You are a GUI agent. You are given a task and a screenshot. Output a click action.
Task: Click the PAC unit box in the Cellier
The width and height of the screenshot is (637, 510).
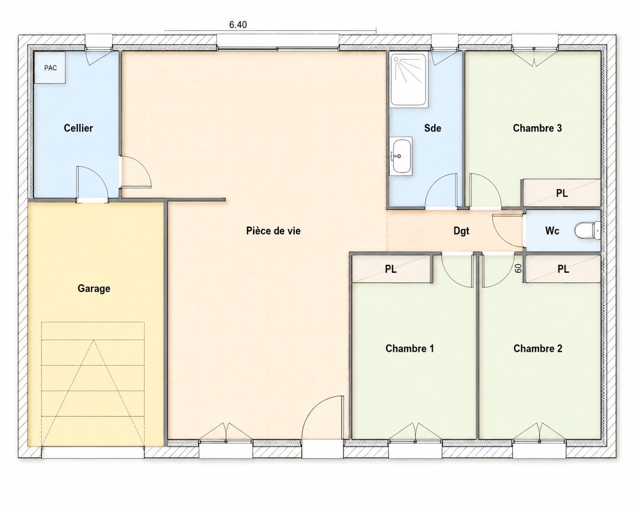pyautogui.click(x=50, y=68)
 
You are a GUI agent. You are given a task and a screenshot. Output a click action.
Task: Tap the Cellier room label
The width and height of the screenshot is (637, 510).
pyautogui.click(x=79, y=128)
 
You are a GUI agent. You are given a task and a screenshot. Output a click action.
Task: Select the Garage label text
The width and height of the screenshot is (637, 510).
pyautogui.click(x=94, y=289)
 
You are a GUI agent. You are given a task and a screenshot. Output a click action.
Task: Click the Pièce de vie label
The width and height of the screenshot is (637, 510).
pyautogui.click(x=273, y=231)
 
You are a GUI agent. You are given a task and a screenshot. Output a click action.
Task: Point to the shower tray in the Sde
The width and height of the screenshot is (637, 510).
pyautogui.click(x=409, y=80)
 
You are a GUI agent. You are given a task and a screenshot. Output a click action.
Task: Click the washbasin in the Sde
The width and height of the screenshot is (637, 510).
pyautogui.click(x=401, y=156)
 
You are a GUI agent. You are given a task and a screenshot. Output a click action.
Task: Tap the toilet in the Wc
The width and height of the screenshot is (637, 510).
pyautogui.click(x=587, y=230)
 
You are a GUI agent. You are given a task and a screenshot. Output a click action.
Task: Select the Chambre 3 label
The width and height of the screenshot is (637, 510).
pyautogui.click(x=537, y=128)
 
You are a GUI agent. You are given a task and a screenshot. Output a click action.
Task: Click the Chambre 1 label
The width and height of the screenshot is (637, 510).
pyautogui.click(x=410, y=349)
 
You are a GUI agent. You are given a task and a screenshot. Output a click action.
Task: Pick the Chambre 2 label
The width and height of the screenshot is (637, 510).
pyautogui.click(x=538, y=349)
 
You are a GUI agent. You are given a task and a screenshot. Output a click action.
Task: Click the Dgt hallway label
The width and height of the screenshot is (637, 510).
pyautogui.click(x=461, y=231)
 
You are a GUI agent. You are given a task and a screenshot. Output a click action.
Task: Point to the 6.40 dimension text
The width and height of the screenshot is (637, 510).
pyautogui.click(x=238, y=25)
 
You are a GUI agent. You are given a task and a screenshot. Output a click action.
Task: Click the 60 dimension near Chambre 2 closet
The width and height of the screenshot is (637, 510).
pyautogui.click(x=518, y=268)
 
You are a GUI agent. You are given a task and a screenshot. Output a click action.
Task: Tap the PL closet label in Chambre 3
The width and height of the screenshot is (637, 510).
pyautogui.click(x=562, y=193)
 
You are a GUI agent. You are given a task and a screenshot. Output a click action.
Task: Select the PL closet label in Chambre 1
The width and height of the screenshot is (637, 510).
pyautogui.click(x=391, y=269)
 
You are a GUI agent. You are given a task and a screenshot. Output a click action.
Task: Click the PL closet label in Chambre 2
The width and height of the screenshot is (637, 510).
pyautogui.click(x=563, y=269)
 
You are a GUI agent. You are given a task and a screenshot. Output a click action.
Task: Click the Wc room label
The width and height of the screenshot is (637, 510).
pyautogui.click(x=552, y=231)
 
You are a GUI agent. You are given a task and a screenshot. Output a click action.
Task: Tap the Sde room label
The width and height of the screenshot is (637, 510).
pyautogui.click(x=433, y=128)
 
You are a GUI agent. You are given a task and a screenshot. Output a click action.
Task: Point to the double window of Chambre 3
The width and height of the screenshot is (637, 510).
pyautogui.click(x=535, y=56)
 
